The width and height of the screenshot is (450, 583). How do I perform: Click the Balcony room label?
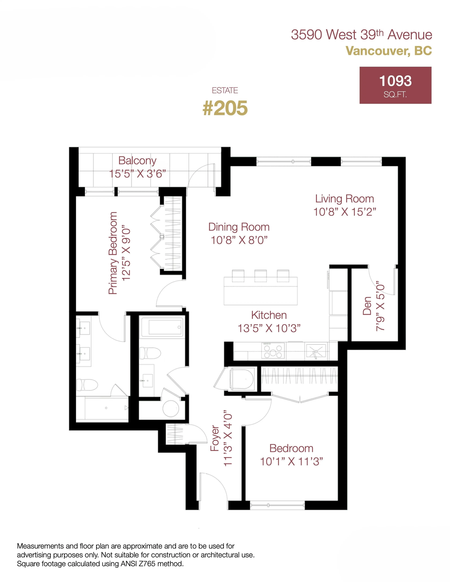pyautogui.click(x=137, y=160)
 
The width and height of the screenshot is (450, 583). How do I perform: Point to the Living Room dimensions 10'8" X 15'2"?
pyautogui.click(x=345, y=212)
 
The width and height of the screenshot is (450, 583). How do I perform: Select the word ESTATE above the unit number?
pyautogui.click(x=225, y=90)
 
